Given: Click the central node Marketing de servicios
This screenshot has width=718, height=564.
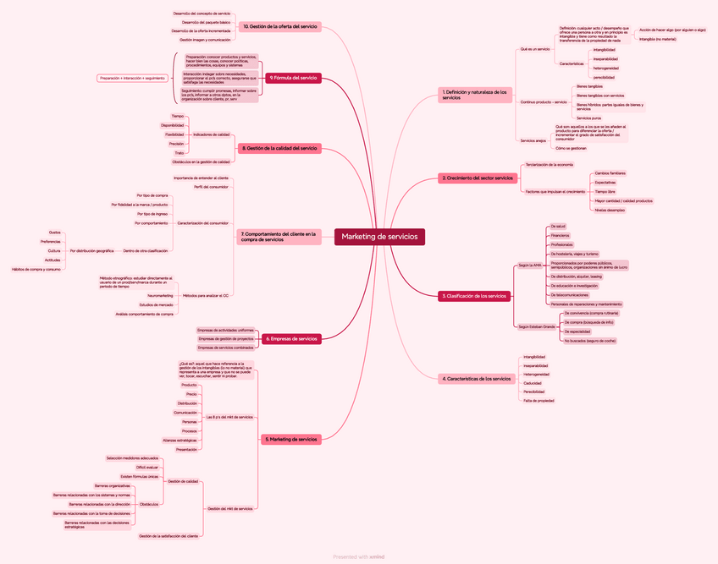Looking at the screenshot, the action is point(379,237).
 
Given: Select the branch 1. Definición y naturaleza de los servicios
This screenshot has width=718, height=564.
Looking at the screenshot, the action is point(475,95).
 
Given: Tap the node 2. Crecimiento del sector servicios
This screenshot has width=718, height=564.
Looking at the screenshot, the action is point(478,178).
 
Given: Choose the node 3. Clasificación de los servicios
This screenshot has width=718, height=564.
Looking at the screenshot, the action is point(474,296).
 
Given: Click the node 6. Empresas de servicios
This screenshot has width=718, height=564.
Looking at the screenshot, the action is point(291,338).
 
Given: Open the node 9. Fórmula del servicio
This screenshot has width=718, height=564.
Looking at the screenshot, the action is point(293,78).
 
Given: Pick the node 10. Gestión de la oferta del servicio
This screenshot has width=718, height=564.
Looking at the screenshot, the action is point(280,27).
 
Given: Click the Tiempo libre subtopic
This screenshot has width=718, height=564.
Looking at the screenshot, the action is point(605,192).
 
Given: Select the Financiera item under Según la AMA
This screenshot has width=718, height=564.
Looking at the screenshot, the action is point(561,235).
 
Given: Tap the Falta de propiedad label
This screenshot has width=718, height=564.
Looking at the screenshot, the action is point(538,401).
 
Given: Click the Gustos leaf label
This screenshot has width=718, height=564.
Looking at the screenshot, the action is point(54,232).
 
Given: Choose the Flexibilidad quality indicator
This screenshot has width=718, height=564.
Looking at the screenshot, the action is point(174,134).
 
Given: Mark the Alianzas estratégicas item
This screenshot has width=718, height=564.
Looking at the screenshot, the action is point(179,441).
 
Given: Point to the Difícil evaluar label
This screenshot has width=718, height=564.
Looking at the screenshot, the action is point(147,467).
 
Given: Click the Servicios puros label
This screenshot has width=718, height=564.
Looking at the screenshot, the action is point(588,118).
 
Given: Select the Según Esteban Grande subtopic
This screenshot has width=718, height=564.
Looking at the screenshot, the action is point(537,326).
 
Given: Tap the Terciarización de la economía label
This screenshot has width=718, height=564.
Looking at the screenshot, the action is point(549,164).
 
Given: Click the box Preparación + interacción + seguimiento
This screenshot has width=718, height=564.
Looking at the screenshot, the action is point(131,78).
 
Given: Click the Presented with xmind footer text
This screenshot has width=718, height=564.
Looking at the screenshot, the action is point(359,556).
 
